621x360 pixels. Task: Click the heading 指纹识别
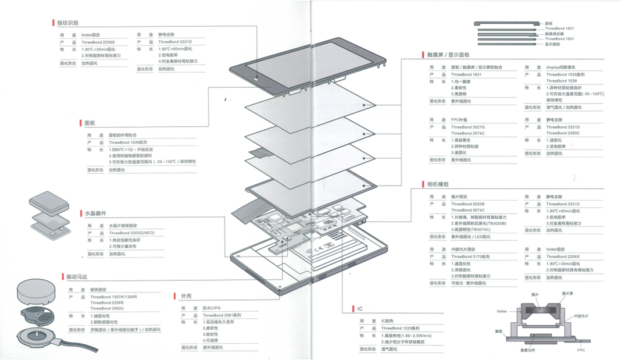pos(67,23)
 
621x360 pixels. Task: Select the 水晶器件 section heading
pos(95,213)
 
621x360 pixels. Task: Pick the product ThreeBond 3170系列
pos(470,256)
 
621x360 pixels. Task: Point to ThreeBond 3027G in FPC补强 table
pos(467,127)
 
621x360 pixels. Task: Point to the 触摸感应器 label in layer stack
pos(558,33)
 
